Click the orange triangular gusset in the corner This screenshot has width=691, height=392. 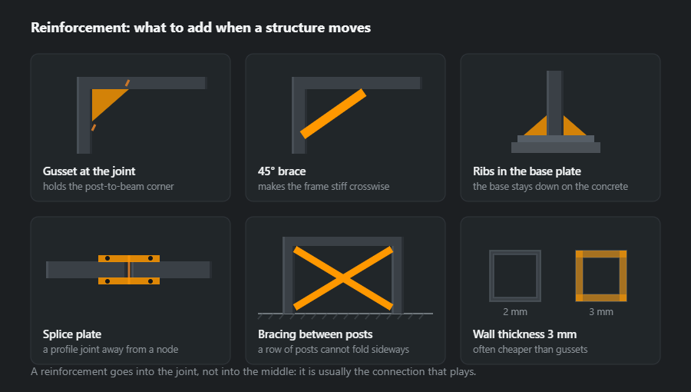104,100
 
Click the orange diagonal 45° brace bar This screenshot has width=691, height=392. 333,114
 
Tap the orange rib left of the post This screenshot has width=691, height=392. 537,128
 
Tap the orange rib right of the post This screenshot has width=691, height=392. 573,128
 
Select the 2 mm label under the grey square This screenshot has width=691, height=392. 514,312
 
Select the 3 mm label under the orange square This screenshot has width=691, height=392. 601,312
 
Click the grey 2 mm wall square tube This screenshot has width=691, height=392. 491,276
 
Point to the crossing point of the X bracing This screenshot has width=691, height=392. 343,277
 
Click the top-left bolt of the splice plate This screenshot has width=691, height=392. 107,258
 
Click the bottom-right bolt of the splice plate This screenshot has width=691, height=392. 150,281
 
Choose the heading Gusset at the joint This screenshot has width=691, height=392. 89,171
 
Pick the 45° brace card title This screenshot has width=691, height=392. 282,171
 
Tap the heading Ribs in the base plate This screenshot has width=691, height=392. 527,171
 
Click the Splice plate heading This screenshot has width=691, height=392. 72,334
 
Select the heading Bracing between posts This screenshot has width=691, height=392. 315,334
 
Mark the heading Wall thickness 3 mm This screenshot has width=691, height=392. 524,334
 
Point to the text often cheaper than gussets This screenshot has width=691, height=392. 530,349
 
